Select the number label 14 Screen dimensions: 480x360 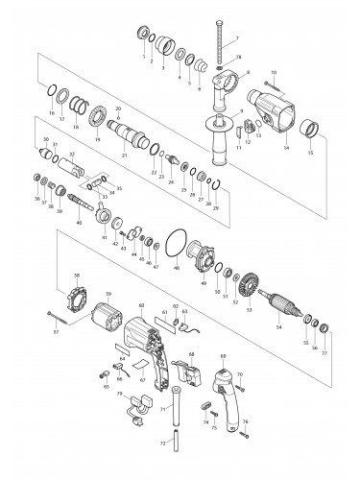[x=286, y=147]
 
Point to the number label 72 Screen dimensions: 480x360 [x=162, y=444]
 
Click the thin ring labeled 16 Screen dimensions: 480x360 [x=49, y=90]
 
